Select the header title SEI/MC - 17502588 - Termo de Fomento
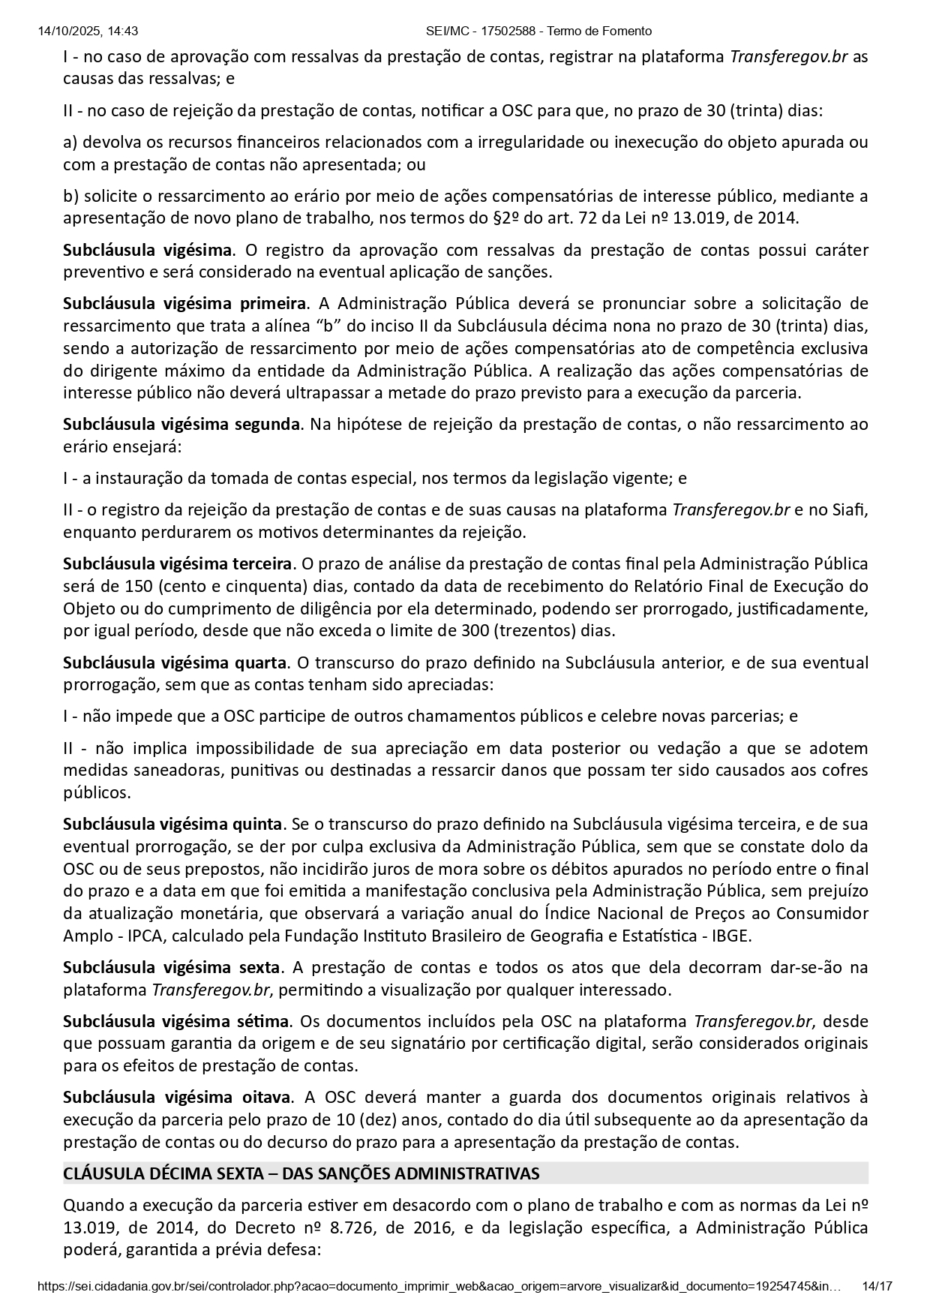click(538, 31)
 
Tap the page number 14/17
click(877, 1286)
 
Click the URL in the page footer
click(439, 1286)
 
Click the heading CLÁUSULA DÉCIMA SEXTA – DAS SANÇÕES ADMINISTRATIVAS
click(301, 1173)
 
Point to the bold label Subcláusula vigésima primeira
click(184, 303)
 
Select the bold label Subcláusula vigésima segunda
click(181, 424)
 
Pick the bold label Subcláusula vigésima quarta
click(175, 663)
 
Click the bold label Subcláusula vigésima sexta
click(172, 967)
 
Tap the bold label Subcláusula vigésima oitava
click(176, 1097)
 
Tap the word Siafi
click(850, 510)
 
